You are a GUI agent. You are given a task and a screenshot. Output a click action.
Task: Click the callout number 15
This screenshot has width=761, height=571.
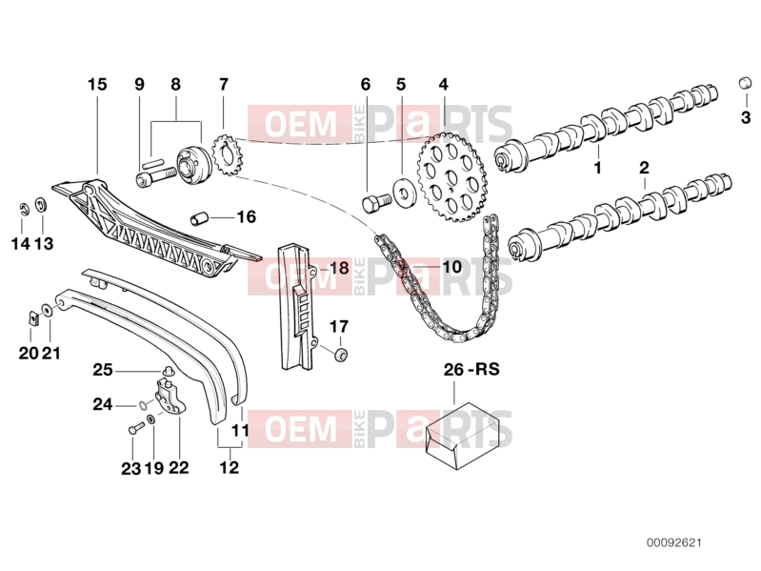pyautogui.click(x=97, y=85)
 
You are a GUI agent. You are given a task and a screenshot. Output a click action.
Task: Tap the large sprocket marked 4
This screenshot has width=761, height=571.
pyautogui.click(x=451, y=176)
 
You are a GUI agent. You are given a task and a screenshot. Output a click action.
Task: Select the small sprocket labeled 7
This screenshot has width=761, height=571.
pyautogui.click(x=230, y=155)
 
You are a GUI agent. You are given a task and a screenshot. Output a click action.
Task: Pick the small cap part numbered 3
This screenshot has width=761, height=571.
pyautogui.click(x=745, y=83)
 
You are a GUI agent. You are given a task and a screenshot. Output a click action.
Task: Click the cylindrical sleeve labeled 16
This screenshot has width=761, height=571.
pyautogui.click(x=198, y=218)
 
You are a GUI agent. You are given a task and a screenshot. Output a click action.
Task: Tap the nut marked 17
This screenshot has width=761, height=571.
pyautogui.click(x=342, y=355)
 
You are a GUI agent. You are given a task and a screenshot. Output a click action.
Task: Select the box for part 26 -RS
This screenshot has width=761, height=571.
pyautogui.click(x=463, y=435)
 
